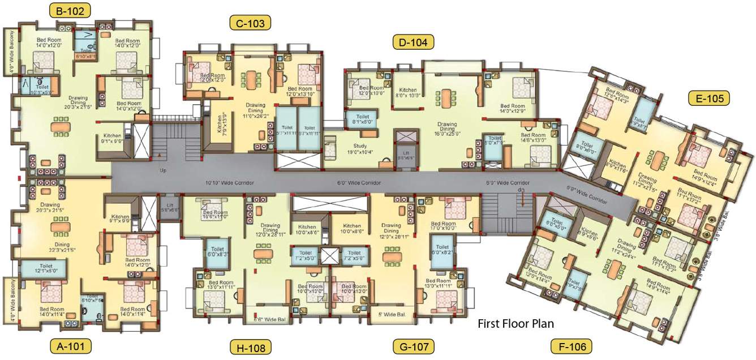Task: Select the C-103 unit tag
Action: [250, 23]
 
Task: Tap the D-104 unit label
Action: [414, 41]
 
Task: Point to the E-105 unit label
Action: [709, 98]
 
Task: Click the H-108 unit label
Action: [250, 346]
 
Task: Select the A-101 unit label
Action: [70, 345]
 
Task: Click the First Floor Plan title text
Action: [515, 324]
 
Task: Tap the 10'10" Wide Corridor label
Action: [229, 183]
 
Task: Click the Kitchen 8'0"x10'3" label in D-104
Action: [408, 93]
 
